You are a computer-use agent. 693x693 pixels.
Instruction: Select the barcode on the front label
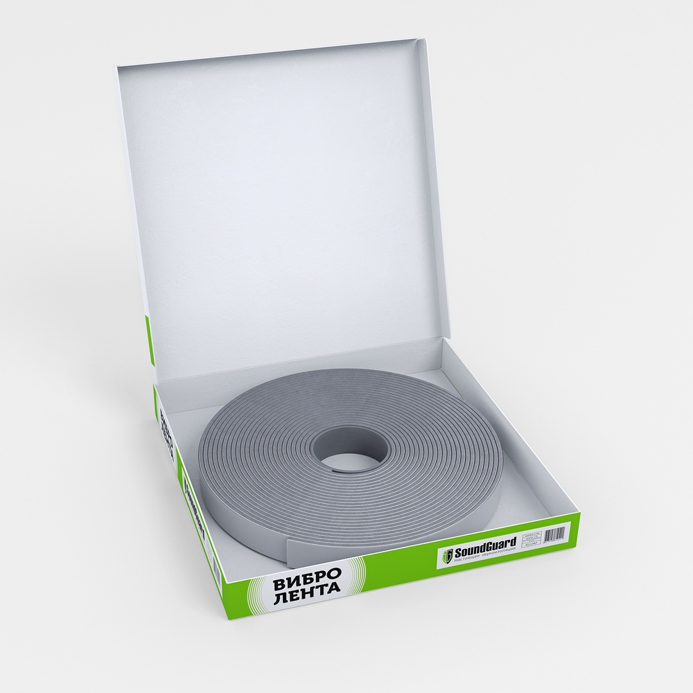pos(555,534)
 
